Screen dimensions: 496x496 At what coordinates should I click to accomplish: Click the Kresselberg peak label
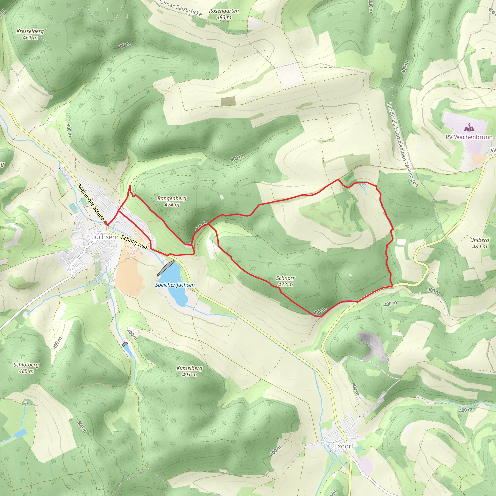click(30, 34)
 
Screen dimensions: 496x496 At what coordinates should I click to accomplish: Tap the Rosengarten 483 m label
click(224, 14)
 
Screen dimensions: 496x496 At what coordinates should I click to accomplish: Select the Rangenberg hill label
click(172, 201)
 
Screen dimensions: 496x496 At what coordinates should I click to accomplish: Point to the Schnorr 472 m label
click(285, 281)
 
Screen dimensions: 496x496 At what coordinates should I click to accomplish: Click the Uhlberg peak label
click(479, 243)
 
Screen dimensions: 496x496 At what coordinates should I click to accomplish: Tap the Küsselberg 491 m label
click(189, 371)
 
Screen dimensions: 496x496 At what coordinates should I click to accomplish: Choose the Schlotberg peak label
click(26, 368)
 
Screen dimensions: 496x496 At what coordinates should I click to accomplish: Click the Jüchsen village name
click(104, 237)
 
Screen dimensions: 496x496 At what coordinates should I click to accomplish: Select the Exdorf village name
click(344, 446)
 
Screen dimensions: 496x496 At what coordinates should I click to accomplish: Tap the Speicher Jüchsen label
click(175, 285)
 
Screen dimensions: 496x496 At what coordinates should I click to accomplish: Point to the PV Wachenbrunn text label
click(469, 137)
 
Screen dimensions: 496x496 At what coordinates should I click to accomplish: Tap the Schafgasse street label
click(134, 242)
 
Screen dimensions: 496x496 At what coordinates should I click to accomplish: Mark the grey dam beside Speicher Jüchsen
click(166, 268)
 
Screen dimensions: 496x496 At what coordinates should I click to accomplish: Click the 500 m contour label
click(82, 426)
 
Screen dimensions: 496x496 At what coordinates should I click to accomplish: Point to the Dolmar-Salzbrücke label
click(179, 8)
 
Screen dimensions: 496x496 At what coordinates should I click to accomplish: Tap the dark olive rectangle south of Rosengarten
click(228, 101)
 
